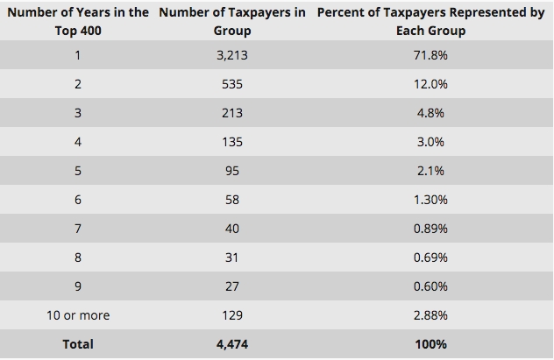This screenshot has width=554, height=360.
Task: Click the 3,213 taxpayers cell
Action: [232, 55]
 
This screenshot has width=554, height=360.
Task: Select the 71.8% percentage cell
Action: [430, 55]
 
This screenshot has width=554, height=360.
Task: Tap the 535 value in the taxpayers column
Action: [232, 84]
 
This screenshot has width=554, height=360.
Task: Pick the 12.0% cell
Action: [430, 84]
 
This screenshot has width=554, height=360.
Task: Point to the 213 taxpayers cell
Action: [232, 113]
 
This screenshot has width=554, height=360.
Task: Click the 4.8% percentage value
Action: [430, 113]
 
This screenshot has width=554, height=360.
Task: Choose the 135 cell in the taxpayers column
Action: [232, 142]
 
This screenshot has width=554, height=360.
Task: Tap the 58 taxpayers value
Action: [232, 200]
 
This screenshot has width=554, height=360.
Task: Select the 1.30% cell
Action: [430, 200]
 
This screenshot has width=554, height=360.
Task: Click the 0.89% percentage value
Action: [430, 229]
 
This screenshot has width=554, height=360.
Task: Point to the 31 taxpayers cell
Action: [232, 258]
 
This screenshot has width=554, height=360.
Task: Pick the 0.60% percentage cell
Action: [430, 286]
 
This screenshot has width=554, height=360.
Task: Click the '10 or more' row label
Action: [78, 315]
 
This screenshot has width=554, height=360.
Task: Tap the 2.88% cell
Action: [430, 315]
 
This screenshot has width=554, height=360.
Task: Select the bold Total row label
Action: [78, 344]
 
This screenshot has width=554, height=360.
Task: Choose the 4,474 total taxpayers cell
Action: [232, 344]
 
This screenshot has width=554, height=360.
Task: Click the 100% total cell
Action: [430, 344]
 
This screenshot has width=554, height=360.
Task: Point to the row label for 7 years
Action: [78, 229]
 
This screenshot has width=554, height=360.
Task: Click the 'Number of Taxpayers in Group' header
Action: [232, 22]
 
